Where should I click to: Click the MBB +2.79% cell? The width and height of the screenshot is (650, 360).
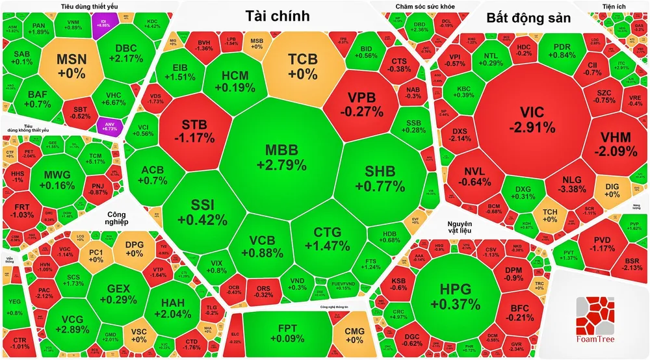tap(281, 157)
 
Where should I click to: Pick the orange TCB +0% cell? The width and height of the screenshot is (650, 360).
tap(303, 66)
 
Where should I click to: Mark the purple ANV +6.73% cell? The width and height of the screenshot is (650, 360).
tap(105, 125)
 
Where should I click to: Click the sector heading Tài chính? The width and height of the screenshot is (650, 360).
tap(278, 18)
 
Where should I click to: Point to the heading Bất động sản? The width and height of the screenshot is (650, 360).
tap(528, 18)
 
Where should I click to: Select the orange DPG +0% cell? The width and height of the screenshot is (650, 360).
tap(134, 248)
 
